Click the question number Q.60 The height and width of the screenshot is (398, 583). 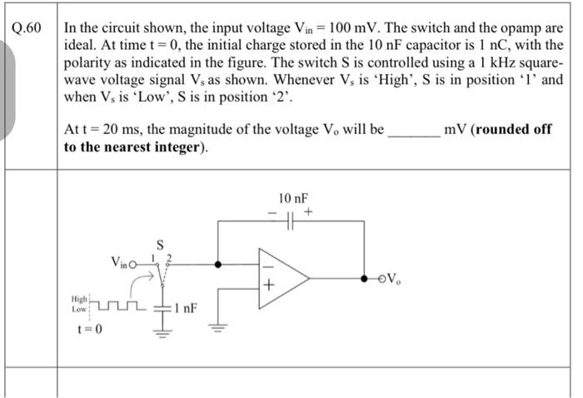click(x=28, y=27)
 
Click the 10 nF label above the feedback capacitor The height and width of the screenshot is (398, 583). click(x=292, y=199)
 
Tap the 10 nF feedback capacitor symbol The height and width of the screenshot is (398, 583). click(x=291, y=221)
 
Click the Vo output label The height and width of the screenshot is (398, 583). click(x=397, y=278)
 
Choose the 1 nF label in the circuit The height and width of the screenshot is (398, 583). click(x=186, y=308)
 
